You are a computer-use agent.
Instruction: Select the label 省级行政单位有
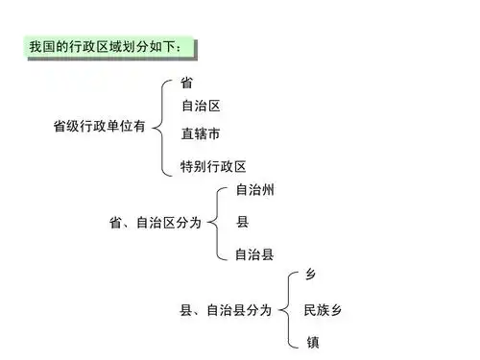click(98, 127)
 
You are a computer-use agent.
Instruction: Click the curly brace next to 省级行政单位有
click(162, 127)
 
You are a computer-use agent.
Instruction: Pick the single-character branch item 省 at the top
click(187, 84)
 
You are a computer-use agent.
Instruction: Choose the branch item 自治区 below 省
click(201, 106)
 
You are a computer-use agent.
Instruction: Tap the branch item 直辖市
click(201, 133)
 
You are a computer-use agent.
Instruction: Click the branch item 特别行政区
click(213, 166)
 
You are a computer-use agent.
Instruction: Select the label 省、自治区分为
click(156, 223)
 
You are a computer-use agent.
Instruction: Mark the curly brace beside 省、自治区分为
click(218, 223)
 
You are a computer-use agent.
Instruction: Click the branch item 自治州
click(254, 190)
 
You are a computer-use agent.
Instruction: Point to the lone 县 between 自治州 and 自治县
click(242, 223)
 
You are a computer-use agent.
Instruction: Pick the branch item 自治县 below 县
click(254, 254)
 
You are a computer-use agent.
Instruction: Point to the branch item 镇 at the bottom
click(311, 342)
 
